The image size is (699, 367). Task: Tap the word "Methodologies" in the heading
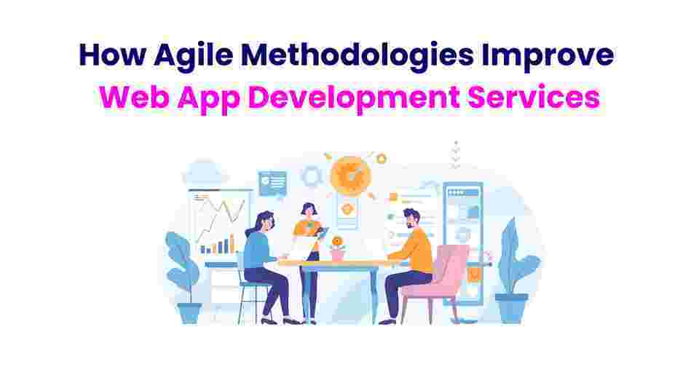(x=357, y=55)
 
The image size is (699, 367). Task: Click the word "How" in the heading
(x=112, y=55)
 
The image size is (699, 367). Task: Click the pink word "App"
(x=209, y=99)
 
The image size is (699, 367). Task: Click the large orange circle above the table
(x=351, y=175)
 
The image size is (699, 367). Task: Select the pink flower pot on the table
(x=338, y=253)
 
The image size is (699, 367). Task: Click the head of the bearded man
(x=411, y=219)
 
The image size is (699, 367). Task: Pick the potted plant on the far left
(x=183, y=277)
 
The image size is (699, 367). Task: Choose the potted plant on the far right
(x=514, y=272)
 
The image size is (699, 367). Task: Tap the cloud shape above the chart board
(x=204, y=174)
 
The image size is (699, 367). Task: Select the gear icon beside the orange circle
(x=312, y=176)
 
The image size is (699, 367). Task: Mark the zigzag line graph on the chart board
(x=220, y=219)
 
